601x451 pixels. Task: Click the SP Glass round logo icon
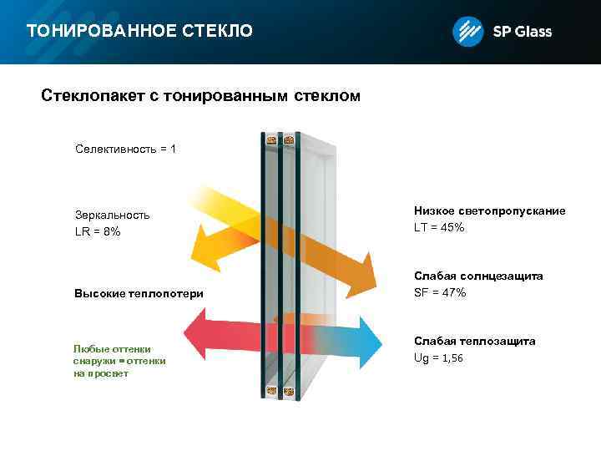[467, 32]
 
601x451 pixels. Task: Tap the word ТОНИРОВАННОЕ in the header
[100, 32]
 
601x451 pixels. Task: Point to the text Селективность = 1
[125, 149]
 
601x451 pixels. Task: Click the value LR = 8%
[98, 231]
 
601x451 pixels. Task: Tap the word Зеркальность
[113, 215]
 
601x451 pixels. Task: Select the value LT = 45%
[439, 227]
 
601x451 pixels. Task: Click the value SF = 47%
[440, 292]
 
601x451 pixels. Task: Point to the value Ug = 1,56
[438, 357]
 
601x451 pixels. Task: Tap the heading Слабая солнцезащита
[478, 276]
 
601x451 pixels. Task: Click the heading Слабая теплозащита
[475, 341]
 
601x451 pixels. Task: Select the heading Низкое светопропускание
[489, 210]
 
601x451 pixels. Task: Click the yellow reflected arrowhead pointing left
[206, 250]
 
